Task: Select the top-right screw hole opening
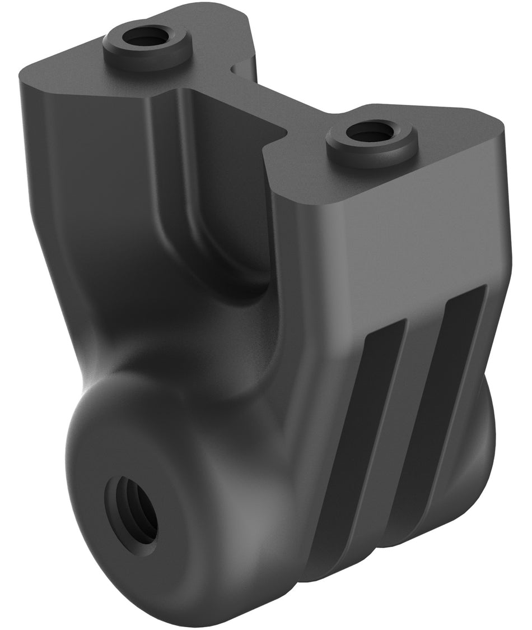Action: tap(370, 132)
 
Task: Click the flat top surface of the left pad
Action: tap(73, 78)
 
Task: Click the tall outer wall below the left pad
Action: tap(84, 224)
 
